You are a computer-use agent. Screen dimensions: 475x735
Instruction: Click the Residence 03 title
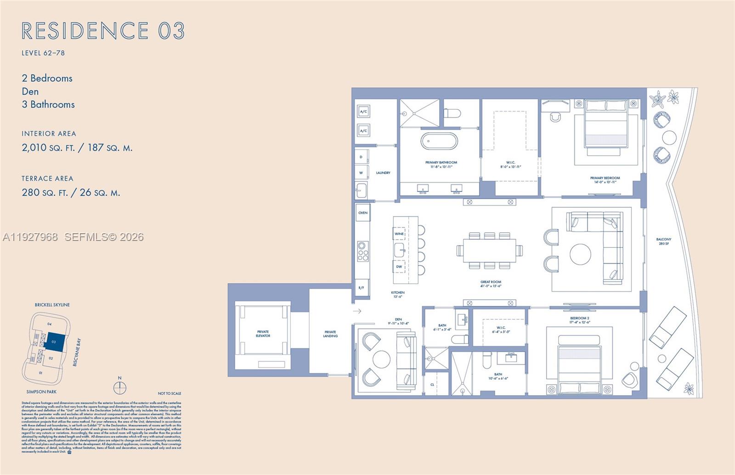(103, 31)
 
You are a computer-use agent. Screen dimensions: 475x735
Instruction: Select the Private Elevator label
(263, 334)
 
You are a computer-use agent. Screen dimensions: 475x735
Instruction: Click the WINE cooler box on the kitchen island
(399, 234)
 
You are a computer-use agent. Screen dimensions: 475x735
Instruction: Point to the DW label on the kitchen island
(399, 267)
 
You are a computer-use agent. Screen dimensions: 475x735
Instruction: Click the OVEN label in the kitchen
(363, 213)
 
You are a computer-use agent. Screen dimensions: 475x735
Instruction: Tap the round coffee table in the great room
(581, 254)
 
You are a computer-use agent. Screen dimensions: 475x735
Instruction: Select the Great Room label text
(491, 284)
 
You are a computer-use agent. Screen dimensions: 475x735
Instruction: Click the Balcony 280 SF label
(663, 241)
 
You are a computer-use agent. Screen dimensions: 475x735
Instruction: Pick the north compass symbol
(120, 387)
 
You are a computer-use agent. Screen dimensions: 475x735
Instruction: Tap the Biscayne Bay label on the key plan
(77, 352)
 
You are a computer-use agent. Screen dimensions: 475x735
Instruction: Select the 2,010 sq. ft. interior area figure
(47, 148)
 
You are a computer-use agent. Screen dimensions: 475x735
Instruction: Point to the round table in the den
(381, 359)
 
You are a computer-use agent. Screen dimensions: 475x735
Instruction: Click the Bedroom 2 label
(579, 320)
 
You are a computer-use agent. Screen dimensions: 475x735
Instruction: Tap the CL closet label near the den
(432, 385)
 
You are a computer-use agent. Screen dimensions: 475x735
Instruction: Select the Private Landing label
(330, 334)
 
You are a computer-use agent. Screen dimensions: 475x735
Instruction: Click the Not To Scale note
(170, 393)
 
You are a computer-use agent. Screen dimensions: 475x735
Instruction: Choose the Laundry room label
(383, 173)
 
